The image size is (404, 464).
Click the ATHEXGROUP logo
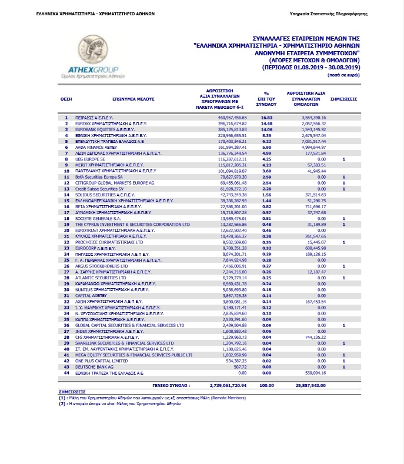click(95, 59)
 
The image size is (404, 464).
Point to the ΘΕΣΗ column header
click(66, 101)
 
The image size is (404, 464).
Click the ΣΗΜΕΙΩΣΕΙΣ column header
click(343, 101)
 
